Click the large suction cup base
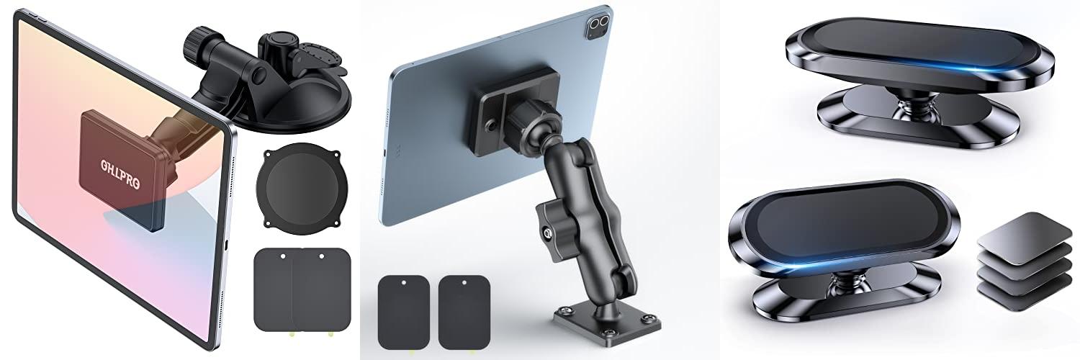click(292, 105)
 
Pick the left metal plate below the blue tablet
click(404, 312)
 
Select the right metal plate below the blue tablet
click(464, 312)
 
